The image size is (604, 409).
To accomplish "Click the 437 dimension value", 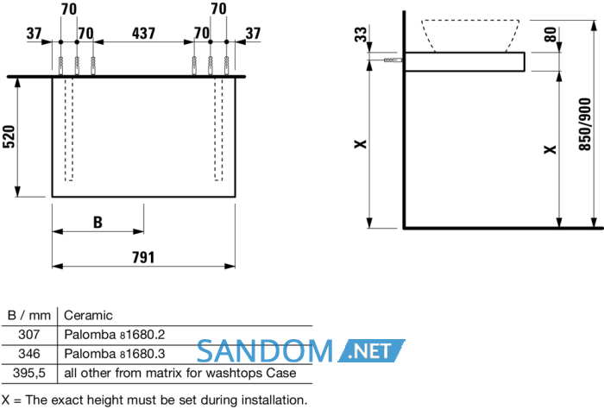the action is [x=143, y=34].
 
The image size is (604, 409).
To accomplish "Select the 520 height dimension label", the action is [x=9, y=136].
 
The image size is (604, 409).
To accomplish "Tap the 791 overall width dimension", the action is [x=143, y=257].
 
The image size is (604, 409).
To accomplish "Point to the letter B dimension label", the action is [x=98, y=223].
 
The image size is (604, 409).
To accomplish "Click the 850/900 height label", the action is [x=585, y=124].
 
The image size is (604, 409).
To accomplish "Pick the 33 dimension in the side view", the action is [x=361, y=35].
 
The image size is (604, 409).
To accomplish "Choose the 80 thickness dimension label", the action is [x=551, y=35].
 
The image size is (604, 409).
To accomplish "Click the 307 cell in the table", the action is [x=28, y=334].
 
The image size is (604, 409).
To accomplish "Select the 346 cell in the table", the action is [x=28, y=354].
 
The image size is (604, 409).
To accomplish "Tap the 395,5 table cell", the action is [x=28, y=373].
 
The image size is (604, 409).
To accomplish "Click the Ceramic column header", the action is [x=88, y=316].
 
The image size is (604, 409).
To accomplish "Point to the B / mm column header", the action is [x=28, y=316].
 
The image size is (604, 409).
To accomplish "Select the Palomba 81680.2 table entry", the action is [x=115, y=334].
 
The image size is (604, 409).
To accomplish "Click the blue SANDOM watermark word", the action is [x=265, y=351].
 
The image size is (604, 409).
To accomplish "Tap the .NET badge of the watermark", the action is [x=371, y=350].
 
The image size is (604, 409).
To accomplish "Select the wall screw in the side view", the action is [x=393, y=60].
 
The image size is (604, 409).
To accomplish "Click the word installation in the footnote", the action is [x=274, y=400].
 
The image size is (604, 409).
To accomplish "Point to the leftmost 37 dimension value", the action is [x=34, y=34].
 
